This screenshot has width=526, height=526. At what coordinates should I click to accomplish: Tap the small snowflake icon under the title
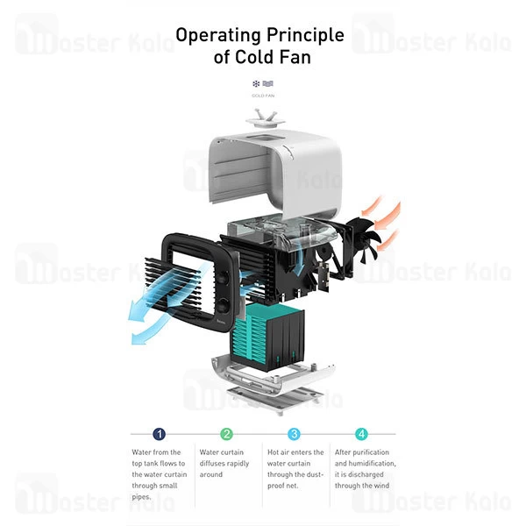pos(256,83)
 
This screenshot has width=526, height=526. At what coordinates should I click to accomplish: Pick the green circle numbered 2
pos(227,433)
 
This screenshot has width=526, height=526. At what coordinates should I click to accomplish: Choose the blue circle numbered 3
pos(295,433)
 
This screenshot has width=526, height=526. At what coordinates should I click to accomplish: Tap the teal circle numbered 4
pos(361,433)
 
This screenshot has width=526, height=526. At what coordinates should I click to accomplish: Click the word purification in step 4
pos(374,463)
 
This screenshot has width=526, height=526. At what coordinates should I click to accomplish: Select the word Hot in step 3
pos(272,453)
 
